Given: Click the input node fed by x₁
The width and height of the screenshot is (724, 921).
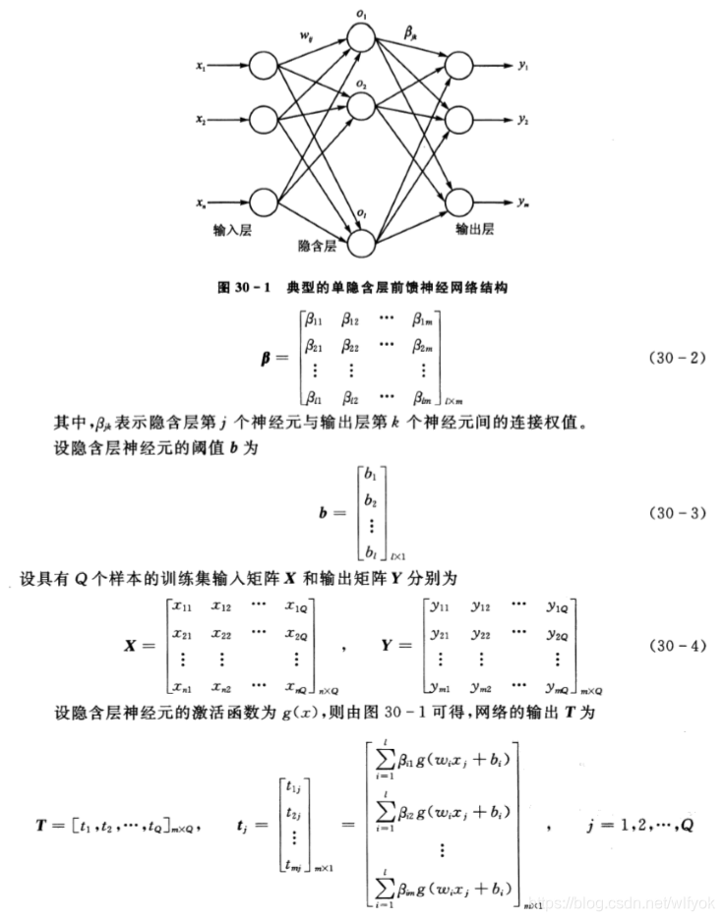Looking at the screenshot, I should click(x=265, y=69).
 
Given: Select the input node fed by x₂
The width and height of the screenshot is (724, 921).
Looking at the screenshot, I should click(x=265, y=120).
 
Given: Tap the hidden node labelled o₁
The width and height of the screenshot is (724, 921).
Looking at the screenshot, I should click(x=361, y=36).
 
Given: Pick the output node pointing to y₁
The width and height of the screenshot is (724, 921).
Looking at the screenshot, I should click(x=460, y=67).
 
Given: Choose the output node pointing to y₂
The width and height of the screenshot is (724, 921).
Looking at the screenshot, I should click(x=460, y=120).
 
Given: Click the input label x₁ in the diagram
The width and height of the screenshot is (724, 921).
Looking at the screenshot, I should click(x=201, y=69).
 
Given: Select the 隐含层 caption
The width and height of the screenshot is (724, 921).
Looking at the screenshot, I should click(x=318, y=243).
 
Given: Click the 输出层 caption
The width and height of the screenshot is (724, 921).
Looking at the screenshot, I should click(x=473, y=229).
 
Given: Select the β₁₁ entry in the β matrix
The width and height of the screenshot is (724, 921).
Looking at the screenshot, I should click(x=315, y=320).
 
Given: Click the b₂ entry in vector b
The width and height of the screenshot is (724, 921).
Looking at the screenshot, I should click(x=370, y=501).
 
